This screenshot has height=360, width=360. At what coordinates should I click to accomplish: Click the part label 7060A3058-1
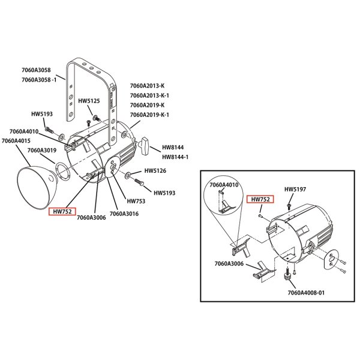tap(39, 80)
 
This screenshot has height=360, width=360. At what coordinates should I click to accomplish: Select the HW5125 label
tap(89, 101)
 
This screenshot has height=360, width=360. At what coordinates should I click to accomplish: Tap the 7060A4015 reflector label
tap(16, 140)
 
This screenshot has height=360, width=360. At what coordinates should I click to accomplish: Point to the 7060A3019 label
tap(42, 151)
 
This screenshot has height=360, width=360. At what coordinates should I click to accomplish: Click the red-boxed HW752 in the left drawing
tap(62, 211)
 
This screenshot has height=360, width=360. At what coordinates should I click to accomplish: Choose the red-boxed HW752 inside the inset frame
tap(260, 199)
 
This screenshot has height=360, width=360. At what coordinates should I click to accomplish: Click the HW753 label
tap(136, 201)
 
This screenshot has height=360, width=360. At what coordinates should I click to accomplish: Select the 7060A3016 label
tap(124, 214)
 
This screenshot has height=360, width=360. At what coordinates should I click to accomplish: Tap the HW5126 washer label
tap(155, 171)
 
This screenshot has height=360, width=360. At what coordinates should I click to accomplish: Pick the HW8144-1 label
tap(175, 157)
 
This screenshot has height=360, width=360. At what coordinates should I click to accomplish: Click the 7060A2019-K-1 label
tap(149, 115)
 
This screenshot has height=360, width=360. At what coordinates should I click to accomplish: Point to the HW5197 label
tap(295, 189)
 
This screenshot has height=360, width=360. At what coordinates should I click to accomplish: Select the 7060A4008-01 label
tap(306, 293)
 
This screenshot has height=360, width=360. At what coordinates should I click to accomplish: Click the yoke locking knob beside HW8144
tap(144, 146)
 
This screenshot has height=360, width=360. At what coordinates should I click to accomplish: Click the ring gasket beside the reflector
tap(62, 172)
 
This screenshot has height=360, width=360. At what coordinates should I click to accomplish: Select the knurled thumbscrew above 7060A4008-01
tap(287, 275)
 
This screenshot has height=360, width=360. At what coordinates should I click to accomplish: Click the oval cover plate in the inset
tap(332, 259)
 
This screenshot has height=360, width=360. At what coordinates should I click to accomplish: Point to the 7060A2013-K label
tap(147, 86)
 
